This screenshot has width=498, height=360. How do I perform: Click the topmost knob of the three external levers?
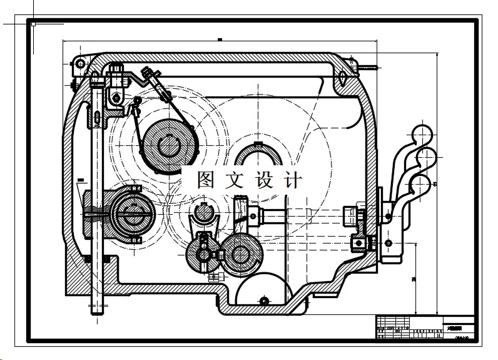[x=422, y=132]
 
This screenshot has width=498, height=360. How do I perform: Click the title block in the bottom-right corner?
[x=425, y=327]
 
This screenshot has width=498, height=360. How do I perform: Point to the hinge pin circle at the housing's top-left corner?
[x=79, y=63]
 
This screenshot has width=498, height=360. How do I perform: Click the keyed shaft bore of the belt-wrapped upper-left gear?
[x=169, y=145]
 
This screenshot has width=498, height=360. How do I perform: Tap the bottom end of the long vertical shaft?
[x=96, y=310]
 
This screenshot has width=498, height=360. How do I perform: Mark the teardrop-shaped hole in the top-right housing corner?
[x=343, y=76]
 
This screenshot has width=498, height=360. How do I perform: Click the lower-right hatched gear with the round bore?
[x=240, y=254]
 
